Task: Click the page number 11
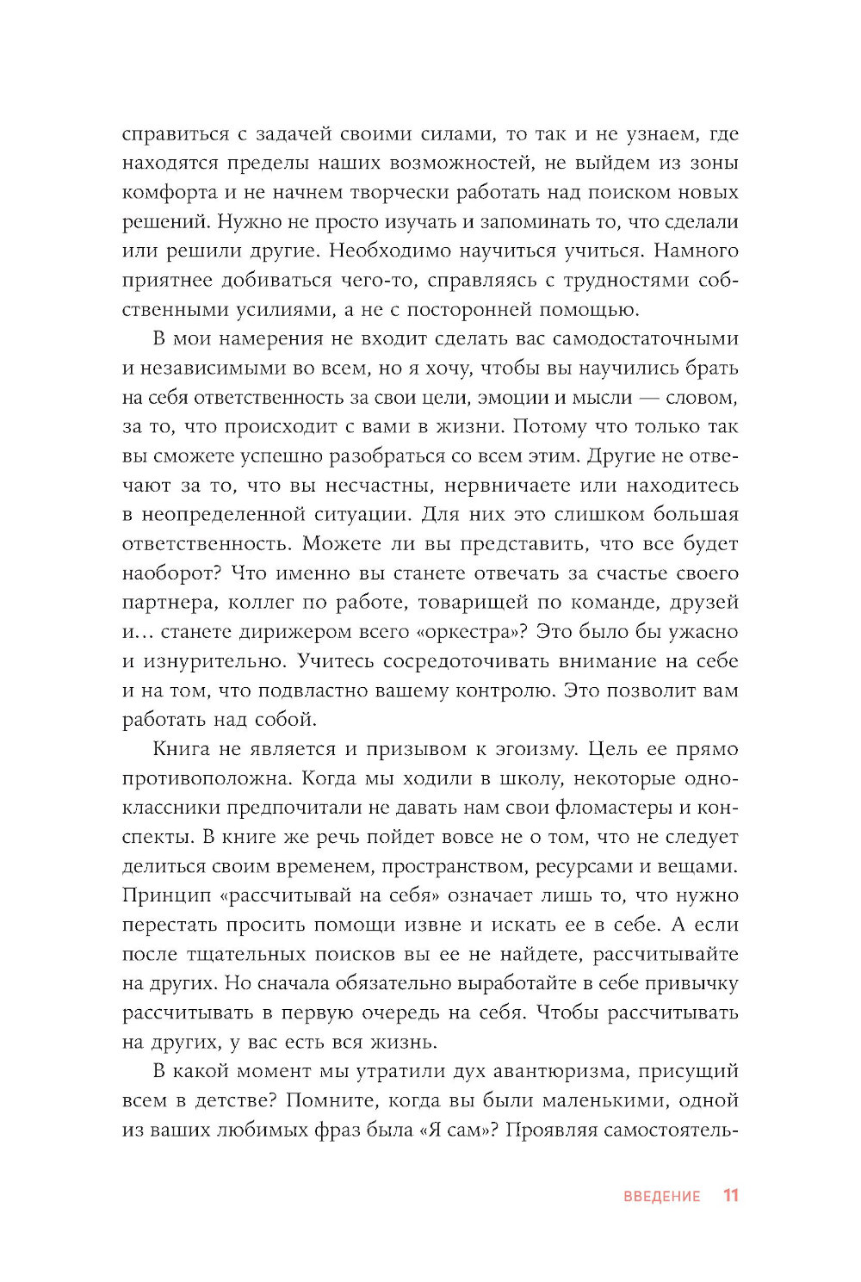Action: click(730, 1195)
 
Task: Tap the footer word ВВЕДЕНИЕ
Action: click(661, 1196)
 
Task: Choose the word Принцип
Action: click(166, 895)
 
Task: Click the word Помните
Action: click(331, 1099)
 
